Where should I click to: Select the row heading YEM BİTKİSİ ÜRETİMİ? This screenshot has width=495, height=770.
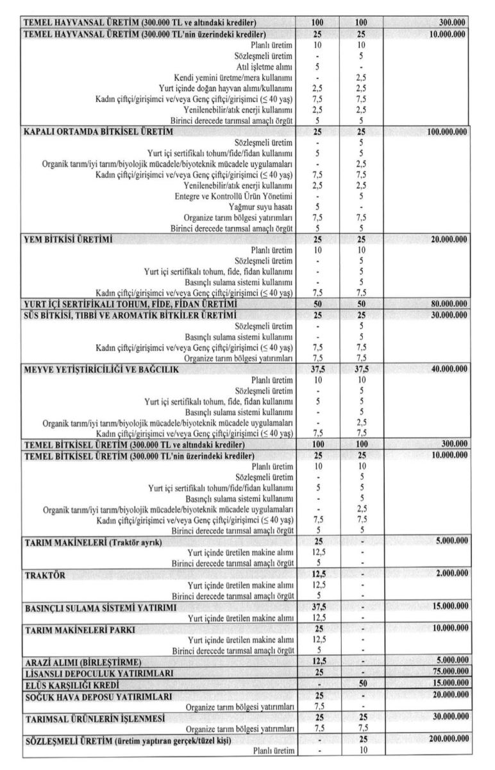coord(69,240)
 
